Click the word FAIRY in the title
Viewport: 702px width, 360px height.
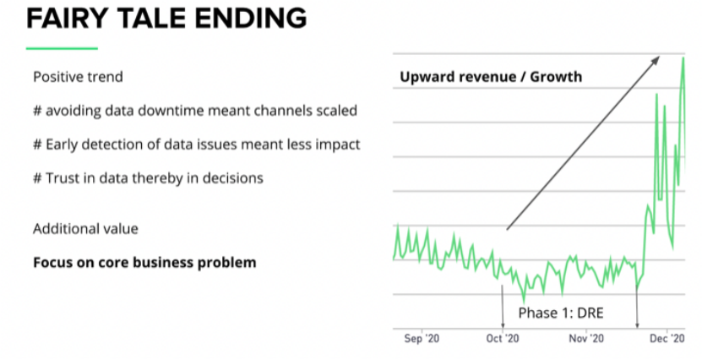click(x=70, y=18)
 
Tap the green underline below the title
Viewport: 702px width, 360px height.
click(x=62, y=47)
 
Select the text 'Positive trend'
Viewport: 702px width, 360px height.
click(x=78, y=77)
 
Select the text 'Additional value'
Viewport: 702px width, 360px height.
click(x=85, y=229)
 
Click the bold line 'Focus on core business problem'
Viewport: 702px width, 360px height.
click(x=144, y=262)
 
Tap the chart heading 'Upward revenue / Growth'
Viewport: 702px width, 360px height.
click(x=490, y=77)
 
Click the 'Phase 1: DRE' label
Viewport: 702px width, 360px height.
click(x=561, y=314)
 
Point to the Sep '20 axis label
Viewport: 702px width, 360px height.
click(x=422, y=339)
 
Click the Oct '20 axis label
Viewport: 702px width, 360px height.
click(x=503, y=339)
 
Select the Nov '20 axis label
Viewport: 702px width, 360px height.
click(x=585, y=339)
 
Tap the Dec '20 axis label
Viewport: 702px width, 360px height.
click(x=668, y=339)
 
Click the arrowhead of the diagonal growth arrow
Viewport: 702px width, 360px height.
click(x=656, y=58)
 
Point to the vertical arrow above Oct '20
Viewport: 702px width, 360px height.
click(x=503, y=304)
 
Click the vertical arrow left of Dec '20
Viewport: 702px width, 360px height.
click(x=636, y=304)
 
